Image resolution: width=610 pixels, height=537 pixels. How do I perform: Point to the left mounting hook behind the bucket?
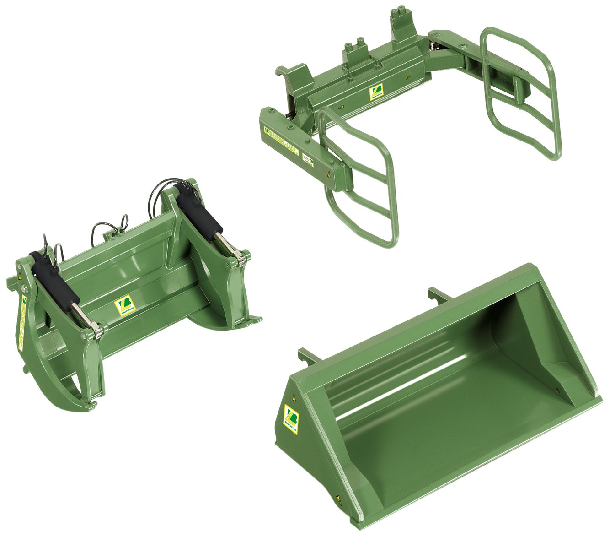pos(304,354)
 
